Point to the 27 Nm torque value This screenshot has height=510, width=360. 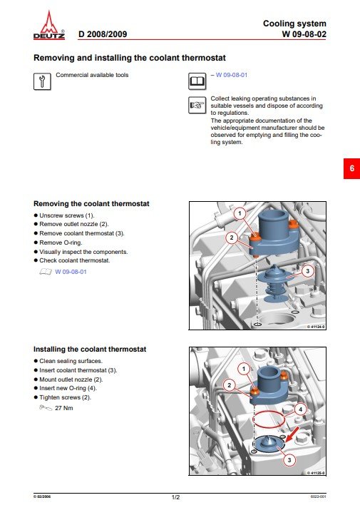click(x=64, y=408)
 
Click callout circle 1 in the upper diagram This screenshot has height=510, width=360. click(x=240, y=213)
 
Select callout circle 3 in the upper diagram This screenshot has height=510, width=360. click(x=307, y=271)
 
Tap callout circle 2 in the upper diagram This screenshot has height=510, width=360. click(x=232, y=238)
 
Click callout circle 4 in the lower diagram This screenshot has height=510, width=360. click(x=300, y=409)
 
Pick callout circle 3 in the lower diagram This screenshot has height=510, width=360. click(x=289, y=461)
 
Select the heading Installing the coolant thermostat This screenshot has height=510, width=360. click(x=90, y=350)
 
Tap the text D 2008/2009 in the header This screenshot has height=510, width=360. click(x=103, y=34)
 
